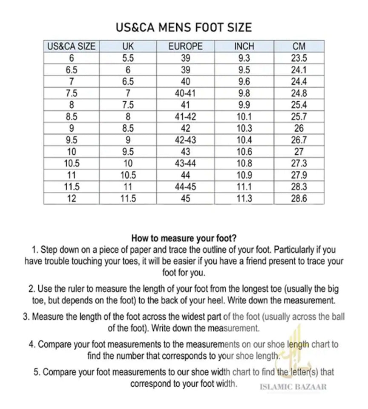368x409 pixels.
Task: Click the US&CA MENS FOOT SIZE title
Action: [x=184, y=28]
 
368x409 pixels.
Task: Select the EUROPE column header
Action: [x=185, y=46]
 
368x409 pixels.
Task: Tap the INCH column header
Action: [x=244, y=46]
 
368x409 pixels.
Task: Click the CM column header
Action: [x=299, y=46]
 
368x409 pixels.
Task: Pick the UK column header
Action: [x=128, y=46]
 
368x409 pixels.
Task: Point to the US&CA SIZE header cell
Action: [x=72, y=46]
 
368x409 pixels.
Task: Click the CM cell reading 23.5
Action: [x=299, y=59]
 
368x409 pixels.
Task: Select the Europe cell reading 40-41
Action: [x=185, y=93]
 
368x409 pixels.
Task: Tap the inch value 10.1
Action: [x=244, y=117]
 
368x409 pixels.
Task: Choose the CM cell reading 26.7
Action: [x=299, y=140]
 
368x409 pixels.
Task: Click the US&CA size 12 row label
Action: [x=72, y=198]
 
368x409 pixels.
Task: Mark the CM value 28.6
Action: [x=299, y=198]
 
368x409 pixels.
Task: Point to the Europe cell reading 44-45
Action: [x=185, y=187]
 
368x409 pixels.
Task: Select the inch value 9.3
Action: [x=244, y=59]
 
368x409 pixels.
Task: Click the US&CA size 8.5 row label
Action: [x=72, y=117]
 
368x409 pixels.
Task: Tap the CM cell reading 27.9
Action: [x=299, y=175]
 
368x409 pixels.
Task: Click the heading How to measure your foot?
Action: [x=184, y=238]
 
